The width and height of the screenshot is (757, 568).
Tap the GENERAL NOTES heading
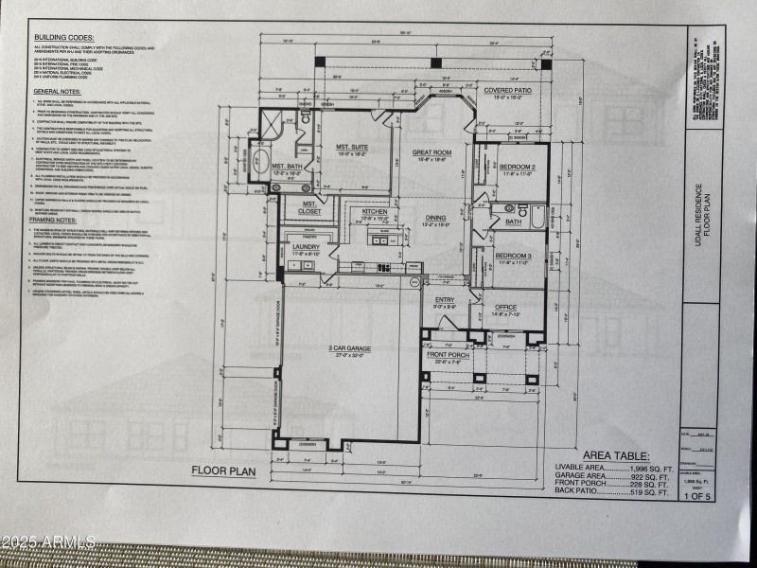coord(60,91)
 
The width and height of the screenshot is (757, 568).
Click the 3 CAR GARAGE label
coord(349,348)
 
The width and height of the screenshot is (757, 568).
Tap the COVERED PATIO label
coord(509,91)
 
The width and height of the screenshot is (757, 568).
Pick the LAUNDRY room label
coord(307,247)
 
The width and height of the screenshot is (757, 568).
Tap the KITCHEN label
coord(375,211)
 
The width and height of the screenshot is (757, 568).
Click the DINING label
coord(435,217)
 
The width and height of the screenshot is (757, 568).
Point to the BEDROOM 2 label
coord(518,167)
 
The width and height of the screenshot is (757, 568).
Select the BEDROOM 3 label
coord(514,255)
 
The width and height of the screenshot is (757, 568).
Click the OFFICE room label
coord(505,307)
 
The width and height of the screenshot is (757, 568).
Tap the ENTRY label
coord(445,300)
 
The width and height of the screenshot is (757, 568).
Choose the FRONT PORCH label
coord(448,356)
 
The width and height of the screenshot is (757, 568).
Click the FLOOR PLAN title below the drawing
coord(223,470)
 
